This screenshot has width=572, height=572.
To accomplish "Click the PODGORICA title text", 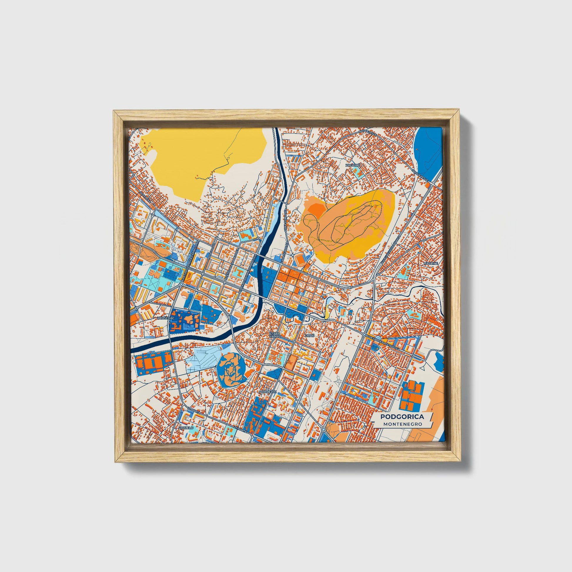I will tap(402, 417).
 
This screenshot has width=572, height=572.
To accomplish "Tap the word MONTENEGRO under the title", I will tap(402, 424).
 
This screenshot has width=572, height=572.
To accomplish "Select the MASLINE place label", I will tap(430, 263).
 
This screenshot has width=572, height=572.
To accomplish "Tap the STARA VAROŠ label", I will tap(275, 335).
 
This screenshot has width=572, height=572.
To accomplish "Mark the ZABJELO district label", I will tap(186, 428).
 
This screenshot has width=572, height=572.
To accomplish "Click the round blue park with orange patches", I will tap(231, 371).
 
